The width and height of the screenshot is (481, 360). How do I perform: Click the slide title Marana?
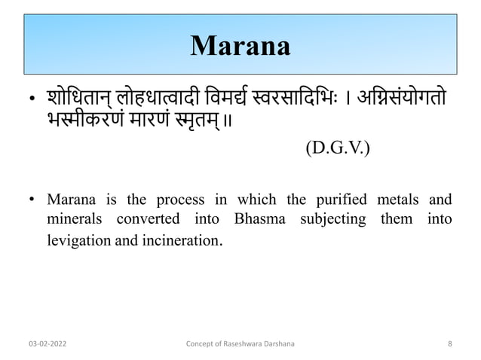(x=240, y=46)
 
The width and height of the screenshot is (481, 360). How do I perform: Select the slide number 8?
(x=449, y=343)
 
